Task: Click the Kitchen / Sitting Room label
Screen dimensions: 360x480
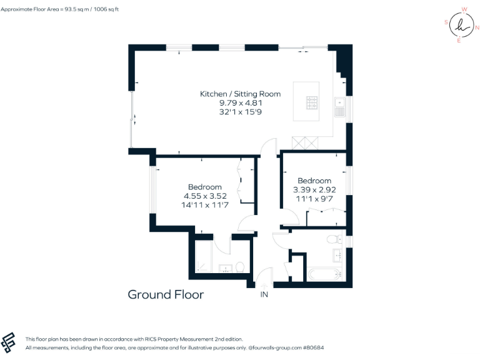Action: tap(240, 94)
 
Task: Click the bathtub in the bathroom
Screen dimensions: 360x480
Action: tap(324, 273)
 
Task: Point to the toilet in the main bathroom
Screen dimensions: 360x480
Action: tap(334, 238)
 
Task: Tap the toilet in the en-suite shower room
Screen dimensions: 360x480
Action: tap(239, 267)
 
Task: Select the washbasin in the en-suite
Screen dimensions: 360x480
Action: tap(224, 269)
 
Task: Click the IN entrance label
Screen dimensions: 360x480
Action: tap(264, 294)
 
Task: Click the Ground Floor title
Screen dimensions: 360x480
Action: tap(166, 294)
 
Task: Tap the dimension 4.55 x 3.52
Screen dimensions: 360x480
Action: tap(204, 196)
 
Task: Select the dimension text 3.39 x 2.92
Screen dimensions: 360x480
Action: tap(314, 189)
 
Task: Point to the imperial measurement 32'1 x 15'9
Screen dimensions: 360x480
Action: tap(240, 111)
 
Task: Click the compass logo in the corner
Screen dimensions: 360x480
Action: tap(461, 25)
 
